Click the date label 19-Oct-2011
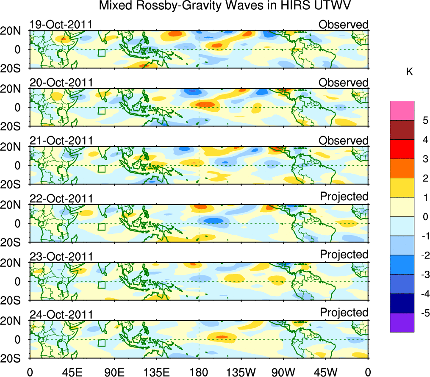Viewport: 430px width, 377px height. pyautogui.click(x=61, y=25)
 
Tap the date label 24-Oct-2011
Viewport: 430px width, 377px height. pyautogui.click(x=61, y=315)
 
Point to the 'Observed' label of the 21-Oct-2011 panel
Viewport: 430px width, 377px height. pyautogui.click(x=343, y=140)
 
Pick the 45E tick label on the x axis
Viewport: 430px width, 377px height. pyautogui.click(x=71, y=371)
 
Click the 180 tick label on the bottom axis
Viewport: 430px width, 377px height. pyautogui.click(x=199, y=371)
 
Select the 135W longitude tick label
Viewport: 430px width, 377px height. pyautogui.click(x=241, y=371)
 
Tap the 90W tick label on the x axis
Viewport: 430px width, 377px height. pyautogui.click(x=283, y=371)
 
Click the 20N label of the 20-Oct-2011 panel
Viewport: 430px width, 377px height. pyautogui.click(x=14, y=89)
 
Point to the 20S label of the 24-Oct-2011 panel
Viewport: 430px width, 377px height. pyautogui.click(x=14, y=358)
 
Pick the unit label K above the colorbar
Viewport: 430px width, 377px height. pyautogui.click(x=409, y=72)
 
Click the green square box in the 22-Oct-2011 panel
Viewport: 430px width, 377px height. pyautogui.click(x=101, y=227)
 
